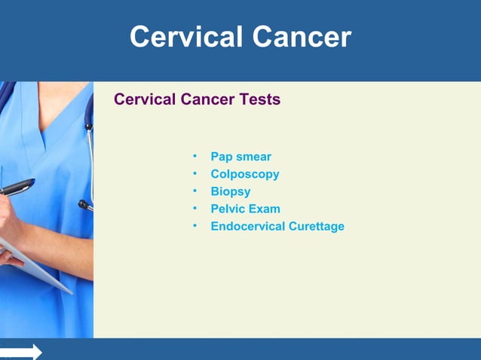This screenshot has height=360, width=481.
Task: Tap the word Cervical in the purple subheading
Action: click(144, 99)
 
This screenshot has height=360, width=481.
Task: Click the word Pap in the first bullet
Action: click(222, 157)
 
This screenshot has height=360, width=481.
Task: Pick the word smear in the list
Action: click(253, 157)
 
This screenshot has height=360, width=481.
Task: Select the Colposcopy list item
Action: click(244, 174)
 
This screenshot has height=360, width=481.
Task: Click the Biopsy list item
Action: click(230, 191)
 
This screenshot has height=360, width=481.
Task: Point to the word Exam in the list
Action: click(265, 209)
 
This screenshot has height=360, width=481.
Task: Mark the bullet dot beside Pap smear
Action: click(194, 157)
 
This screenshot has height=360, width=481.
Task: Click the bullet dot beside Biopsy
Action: click(194, 191)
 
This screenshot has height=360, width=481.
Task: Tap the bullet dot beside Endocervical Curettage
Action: click(194, 226)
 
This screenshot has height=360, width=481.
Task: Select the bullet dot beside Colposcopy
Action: click(194, 174)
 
